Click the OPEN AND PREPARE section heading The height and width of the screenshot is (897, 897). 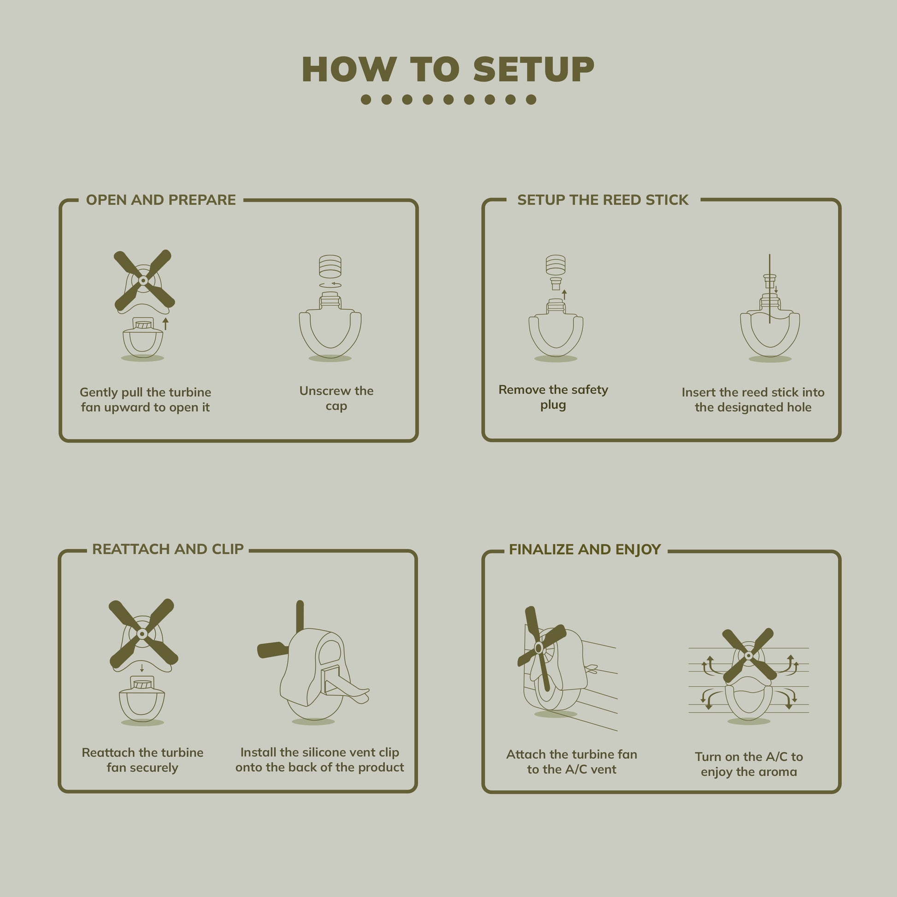(161, 200)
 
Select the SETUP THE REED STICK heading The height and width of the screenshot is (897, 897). (602, 200)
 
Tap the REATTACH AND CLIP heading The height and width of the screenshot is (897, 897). (168, 549)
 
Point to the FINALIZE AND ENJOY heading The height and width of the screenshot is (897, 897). (584, 550)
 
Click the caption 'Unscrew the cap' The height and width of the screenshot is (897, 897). (336, 398)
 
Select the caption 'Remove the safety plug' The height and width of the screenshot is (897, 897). (553, 397)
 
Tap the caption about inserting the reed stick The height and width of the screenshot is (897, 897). (753, 400)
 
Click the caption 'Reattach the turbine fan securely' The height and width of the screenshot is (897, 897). (142, 760)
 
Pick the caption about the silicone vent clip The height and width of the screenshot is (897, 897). (319, 760)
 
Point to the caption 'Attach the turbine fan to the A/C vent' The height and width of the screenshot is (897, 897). (572, 762)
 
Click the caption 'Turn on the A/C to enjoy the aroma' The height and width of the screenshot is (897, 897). (749, 764)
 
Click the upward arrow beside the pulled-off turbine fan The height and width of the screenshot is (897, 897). (165, 324)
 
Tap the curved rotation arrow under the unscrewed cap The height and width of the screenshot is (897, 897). (330, 284)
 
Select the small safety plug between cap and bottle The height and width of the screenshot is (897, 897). (556, 283)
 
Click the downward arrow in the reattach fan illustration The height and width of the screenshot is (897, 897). (142, 668)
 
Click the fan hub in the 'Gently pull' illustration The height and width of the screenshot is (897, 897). (143, 280)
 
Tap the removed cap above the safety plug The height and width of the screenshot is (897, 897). (555, 265)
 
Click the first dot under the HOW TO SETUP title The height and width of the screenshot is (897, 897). (366, 100)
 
